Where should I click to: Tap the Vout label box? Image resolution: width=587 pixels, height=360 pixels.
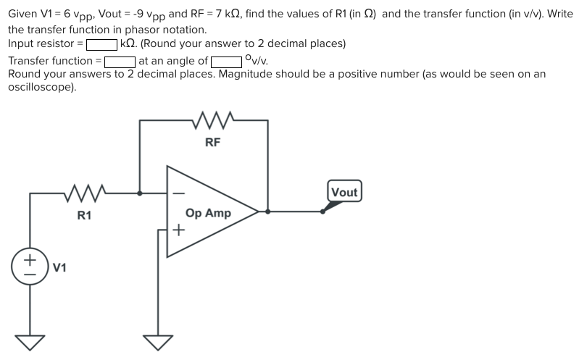coord(344,192)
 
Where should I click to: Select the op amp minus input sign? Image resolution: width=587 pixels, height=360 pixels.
coord(178,193)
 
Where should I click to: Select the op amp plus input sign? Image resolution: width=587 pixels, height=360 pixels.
coord(178,231)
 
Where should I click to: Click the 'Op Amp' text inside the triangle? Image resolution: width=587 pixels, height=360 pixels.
coord(208,213)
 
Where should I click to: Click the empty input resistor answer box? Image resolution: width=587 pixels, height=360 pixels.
coord(102,44)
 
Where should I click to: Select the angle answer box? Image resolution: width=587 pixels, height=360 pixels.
coord(226,62)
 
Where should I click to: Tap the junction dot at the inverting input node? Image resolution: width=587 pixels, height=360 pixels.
coord(140,193)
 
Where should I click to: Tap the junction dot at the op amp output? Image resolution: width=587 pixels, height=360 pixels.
coord(269,212)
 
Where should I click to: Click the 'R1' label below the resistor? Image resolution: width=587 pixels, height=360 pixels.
coord(85,215)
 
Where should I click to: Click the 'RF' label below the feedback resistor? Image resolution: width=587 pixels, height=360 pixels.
coord(212,143)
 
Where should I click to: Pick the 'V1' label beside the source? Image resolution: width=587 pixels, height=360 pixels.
coord(60,268)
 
